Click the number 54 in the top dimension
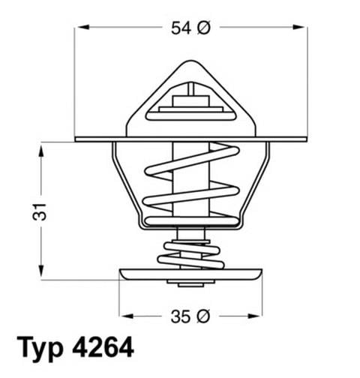pyautogui.click(x=181, y=28)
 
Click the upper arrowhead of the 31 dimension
pyautogui.click(x=40, y=148)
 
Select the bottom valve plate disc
pyautogui.click(x=190, y=274)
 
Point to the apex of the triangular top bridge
pyautogui.click(x=190, y=66)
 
